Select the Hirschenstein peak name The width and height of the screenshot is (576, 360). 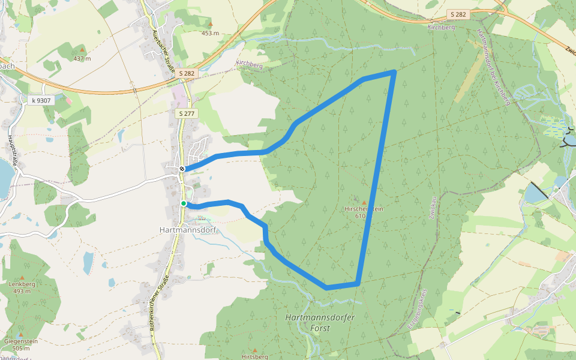(364, 209)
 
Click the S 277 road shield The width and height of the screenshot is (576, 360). (186, 113)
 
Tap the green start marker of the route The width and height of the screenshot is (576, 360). (184, 203)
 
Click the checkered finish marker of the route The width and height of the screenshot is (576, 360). (181, 169)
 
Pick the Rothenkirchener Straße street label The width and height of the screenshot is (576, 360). (158, 308)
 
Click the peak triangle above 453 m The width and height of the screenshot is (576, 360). (210, 25)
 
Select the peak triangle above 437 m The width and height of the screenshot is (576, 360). (82, 50)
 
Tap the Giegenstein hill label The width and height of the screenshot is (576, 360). (21, 341)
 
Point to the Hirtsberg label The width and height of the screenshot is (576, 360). (254, 356)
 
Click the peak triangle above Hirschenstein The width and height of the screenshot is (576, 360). (364, 202)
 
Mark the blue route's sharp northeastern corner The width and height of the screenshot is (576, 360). (394, 72)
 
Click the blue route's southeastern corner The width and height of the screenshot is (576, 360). (358, 283)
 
